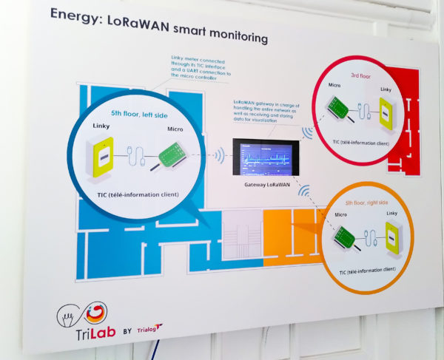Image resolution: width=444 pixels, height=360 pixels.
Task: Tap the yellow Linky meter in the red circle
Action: coord(386,112)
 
